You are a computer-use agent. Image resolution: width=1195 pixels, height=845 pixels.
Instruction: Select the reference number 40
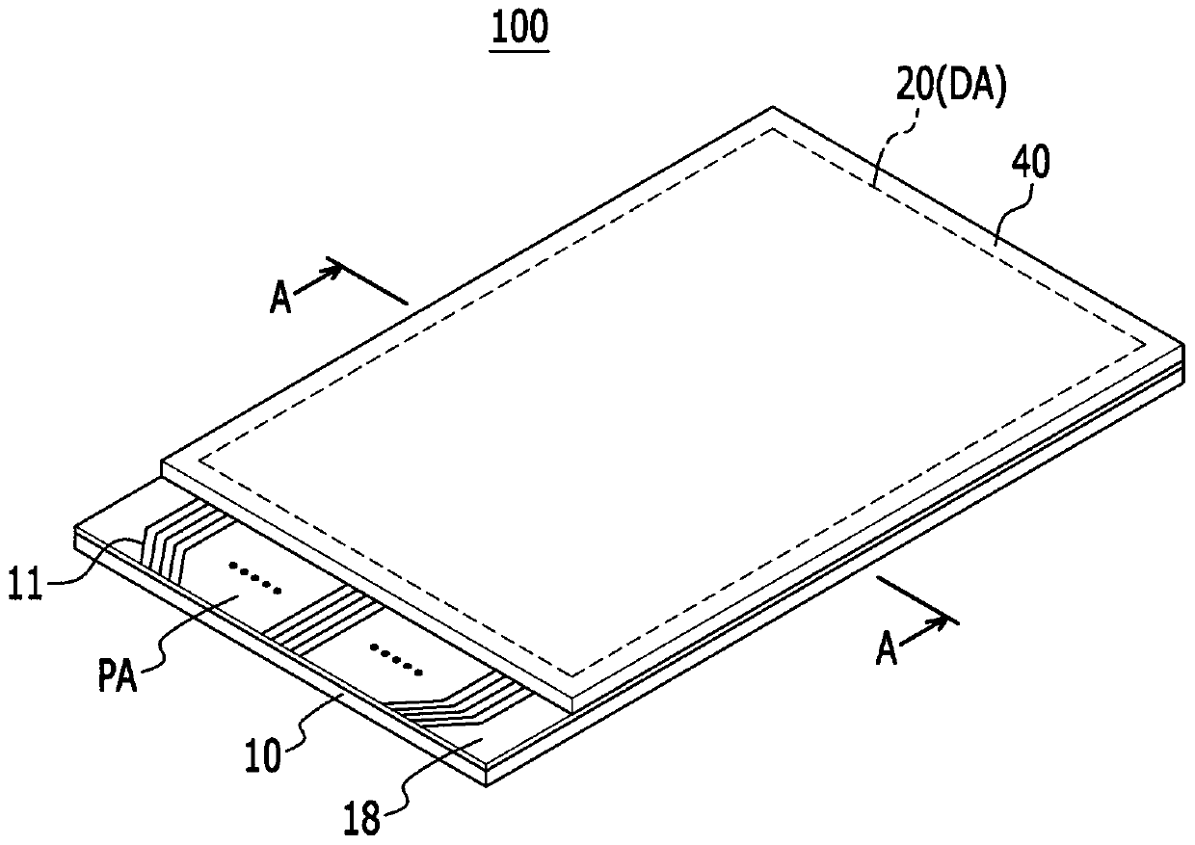(x=1031, y=163)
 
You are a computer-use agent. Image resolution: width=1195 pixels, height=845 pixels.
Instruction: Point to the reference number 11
(x=25, y=584)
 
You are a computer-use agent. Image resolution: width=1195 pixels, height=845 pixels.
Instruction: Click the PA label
(x=118, y=674)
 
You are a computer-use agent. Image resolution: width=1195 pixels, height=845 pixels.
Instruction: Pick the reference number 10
(x=262, y=756)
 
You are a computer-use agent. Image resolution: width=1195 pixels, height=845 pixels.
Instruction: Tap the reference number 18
(x=362, y=819)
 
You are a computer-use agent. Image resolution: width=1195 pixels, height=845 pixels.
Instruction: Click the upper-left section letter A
(x=280, y=298)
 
